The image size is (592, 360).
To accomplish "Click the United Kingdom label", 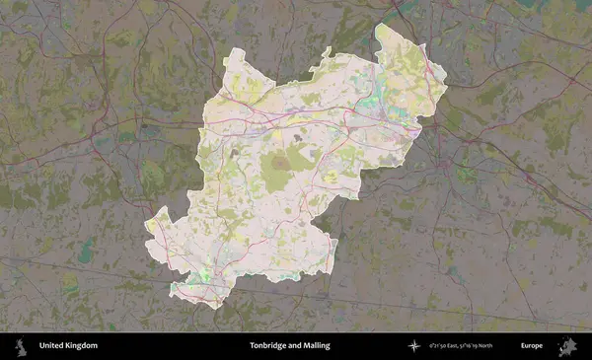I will point(68,346).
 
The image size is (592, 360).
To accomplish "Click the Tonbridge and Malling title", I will point(289,346).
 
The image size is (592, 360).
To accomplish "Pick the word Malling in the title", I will point(316,346).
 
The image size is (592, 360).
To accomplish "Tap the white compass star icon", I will point(414,346).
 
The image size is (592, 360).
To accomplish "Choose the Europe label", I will point(532,346).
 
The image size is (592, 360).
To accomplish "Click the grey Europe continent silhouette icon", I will point(566,346).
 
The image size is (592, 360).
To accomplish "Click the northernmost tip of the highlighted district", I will point(379,25).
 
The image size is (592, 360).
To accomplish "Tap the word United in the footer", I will point(51,346).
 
